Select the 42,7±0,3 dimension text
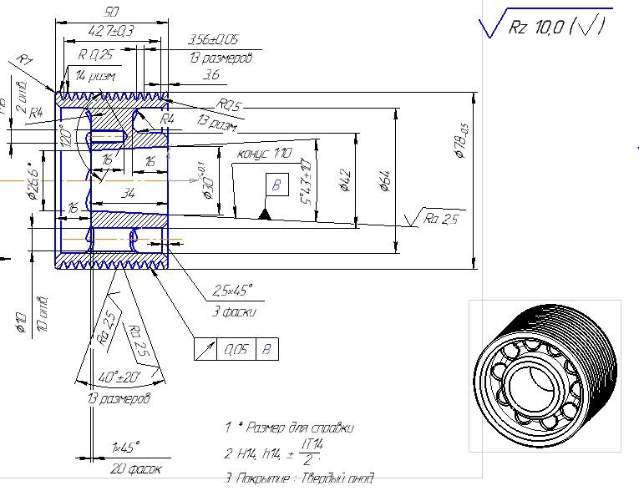[x=110, y=31]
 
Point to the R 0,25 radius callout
[x=96, y=55]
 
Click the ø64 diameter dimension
[x=385, y=179]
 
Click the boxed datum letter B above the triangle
[x=274, y=185]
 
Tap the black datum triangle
[x=265, y=215]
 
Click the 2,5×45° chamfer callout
[x=232, y=290]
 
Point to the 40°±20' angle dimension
[x=118, y=377]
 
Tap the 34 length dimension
[x=127, y=194]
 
